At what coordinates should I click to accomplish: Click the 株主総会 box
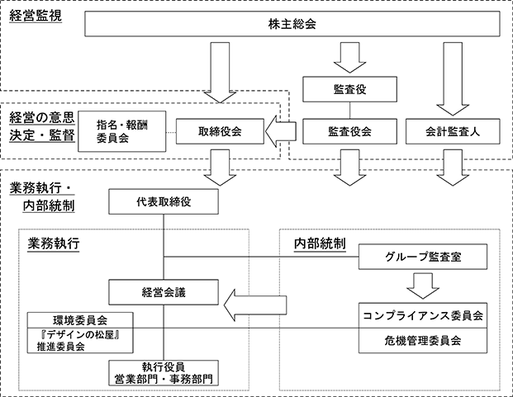coord(292,24)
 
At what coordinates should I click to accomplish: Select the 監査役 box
coord(349,89)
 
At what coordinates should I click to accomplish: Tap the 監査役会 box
coord(349,131)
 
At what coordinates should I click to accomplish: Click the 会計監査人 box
coord(453,131)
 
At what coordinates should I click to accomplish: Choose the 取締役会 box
coord(220,131)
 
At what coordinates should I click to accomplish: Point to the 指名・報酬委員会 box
coord(122,131)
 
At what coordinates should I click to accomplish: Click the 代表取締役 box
coord(164,201)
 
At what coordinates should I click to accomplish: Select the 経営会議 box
coord(164,292)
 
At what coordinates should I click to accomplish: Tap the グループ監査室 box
coord(423,257)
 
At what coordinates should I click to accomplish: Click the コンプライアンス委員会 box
coord(423,315)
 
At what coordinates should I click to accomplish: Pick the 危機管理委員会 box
coord(423,341)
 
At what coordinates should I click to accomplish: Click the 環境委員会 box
coord(80,320)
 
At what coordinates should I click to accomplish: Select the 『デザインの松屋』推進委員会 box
coord(80,341)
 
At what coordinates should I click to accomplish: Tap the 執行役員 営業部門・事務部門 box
coord(164,373)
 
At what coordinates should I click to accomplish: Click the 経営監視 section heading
coord(36,16)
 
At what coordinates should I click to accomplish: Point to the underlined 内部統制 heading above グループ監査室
coord(320,243)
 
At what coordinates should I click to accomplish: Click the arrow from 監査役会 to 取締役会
coord(281,131)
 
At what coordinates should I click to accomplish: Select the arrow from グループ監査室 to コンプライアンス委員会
coord(423,286)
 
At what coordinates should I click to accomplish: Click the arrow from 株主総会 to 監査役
coord(349,58)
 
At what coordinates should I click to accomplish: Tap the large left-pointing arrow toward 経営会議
coord(255,305)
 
